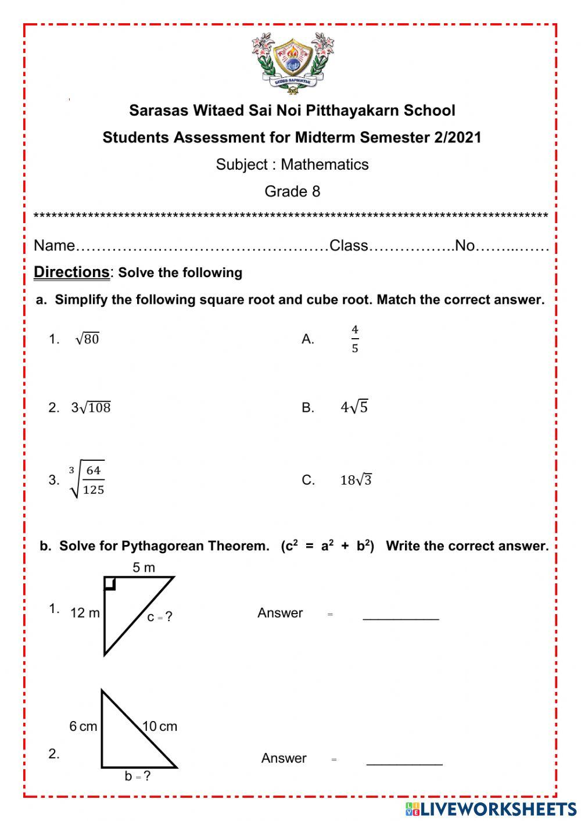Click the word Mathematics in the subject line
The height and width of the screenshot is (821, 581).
[x=324, y=164]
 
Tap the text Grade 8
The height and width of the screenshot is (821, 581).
[x=292, y=191]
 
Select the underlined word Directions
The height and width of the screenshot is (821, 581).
[x=71, y=272]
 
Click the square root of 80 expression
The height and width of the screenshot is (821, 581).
[x=88, y=339]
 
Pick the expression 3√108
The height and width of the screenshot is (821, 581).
[x=91, y=407]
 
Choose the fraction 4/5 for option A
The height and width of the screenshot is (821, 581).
[x=355, y=339]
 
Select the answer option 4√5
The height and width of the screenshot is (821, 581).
[x=354, y=407]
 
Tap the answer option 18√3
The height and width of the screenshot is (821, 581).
[x=356, y=480]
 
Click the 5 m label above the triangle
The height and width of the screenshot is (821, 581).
[x=144, y=568]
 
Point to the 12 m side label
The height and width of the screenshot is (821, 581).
[x=85, y=613]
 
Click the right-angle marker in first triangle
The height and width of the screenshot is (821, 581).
[x=110, y=583]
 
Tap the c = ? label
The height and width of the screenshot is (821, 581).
[x=160, y=617]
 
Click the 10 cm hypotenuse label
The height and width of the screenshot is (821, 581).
[x=160, y=726]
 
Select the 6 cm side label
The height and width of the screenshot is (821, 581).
[x=83, y=726]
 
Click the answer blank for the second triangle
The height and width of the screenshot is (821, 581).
[x=404, y=761]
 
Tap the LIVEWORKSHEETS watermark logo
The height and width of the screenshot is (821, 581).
[x=491, y=808]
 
